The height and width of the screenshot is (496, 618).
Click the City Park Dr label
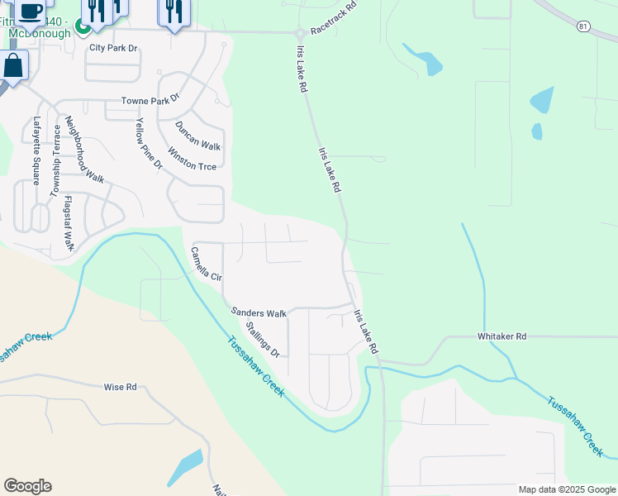click(113, 49)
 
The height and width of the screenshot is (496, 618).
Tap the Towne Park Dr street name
click(150, 101)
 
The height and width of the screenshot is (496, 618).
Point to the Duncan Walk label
click(197, 136)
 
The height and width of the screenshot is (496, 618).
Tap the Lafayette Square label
click(36, 151)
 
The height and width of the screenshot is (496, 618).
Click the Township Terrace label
click(56, 160)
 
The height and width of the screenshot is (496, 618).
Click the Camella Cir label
click(207, 265)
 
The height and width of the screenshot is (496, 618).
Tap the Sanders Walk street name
click(259, 313)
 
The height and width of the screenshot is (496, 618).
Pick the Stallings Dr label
click(263, 340)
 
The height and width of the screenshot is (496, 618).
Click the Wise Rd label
click(120, 387)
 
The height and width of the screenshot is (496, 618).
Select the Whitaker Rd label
click(502, 336)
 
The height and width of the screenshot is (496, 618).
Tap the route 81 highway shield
click(582, 26)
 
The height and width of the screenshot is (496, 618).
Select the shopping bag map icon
click(13, 64)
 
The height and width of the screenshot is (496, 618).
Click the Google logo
click(27, 486)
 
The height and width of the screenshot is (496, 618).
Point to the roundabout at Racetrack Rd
click(299, 33)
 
